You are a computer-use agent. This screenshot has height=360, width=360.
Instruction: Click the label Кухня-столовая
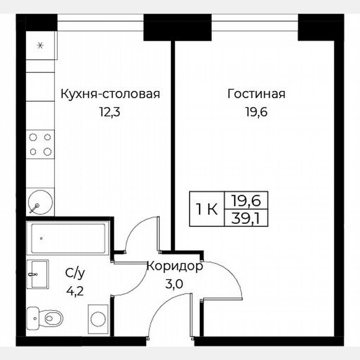(x=110, y=94)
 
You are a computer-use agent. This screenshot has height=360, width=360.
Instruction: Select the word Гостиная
(x=256, y=94)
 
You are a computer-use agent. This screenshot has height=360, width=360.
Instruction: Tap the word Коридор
(x=175, y=266)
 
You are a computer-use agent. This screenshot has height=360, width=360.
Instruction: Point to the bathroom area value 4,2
(x=75, y=290)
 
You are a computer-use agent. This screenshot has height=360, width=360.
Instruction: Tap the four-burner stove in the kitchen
(x=40, y=144)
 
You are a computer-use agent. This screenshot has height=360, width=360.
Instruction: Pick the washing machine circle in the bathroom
(x=98, y=319)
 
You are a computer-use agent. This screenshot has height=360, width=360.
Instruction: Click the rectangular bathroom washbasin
(x=37, y=274)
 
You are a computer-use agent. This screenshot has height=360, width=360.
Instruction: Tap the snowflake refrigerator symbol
(x=40, y=45)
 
